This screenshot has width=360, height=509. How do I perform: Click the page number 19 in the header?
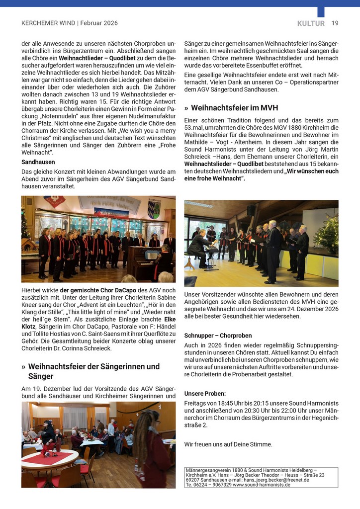click(x=335, y=23)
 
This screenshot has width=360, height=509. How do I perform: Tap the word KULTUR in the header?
click(x=311, y=23)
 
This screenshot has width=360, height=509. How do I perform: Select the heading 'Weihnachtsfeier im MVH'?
click(x=234, y=108)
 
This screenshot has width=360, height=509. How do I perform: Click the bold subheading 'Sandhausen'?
click(x=38, y=162)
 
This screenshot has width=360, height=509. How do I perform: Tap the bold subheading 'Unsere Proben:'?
click(x=205, y=393)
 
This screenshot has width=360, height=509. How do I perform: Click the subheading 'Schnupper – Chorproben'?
click(x=218, y=336)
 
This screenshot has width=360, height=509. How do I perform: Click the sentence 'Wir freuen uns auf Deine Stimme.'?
click(x=228, y=444)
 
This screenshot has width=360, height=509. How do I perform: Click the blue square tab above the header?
click(x=321, y=12)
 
